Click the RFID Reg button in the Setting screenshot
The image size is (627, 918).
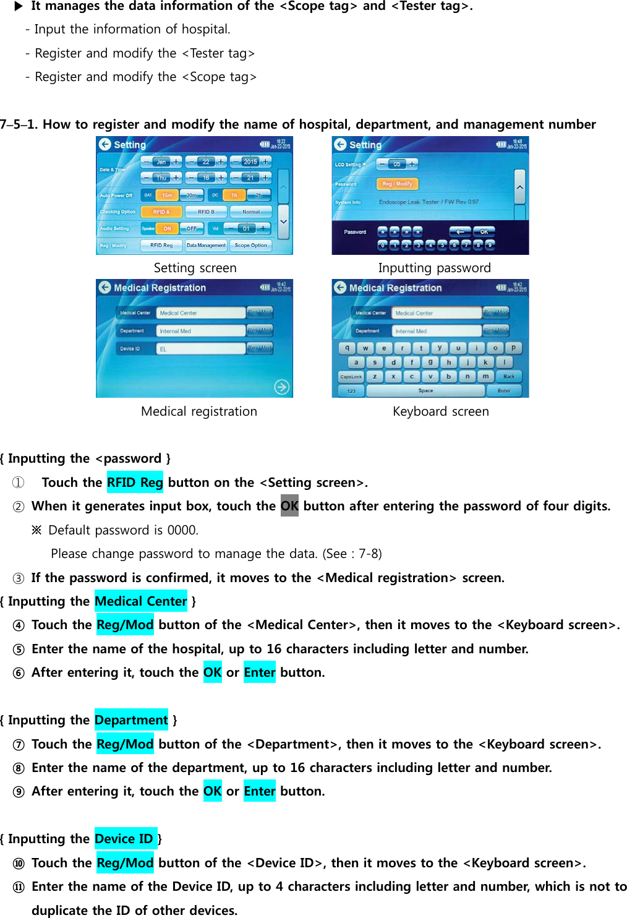pyautogui.click(x=161, y=246)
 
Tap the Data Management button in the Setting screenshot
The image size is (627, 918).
pyautogui.click(x=206, y=246)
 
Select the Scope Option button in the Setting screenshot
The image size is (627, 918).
pyautogui.click(x=250, y=246)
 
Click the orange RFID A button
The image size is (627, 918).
pyautogui.click(x=161, y=212)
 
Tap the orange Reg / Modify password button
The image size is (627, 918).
pyautogui.click(x=397, y=184)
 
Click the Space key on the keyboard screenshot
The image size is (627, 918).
pyautogui.click(x=425, y=391)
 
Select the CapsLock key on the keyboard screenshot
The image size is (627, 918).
pyautogui.click(x=351, y=377)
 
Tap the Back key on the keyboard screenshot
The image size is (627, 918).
pyautogui.click(x=509, y=377)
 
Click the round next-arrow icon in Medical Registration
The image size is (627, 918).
pyautogui.click(x=281, y=387)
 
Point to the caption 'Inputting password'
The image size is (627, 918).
pyautogui.click(x=434, y=268)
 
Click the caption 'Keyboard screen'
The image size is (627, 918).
pyautogui.click(x=440, y=411)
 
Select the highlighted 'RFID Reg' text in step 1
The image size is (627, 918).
pyautogui.click(x=135, y=483)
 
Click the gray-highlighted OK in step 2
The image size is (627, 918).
pyautogui.click(x=289, y=506)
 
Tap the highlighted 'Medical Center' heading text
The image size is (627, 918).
pyautogui.click(x=141, y=601)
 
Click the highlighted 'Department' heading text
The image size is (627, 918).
pyautogui.click(x=131, y=720)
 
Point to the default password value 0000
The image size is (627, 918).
pyautogui.click(x=182, y=530)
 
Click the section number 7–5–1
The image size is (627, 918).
pyautogui.click(x=19, y=124)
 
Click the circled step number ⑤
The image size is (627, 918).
pyautogui.click(x=19, y=650)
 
